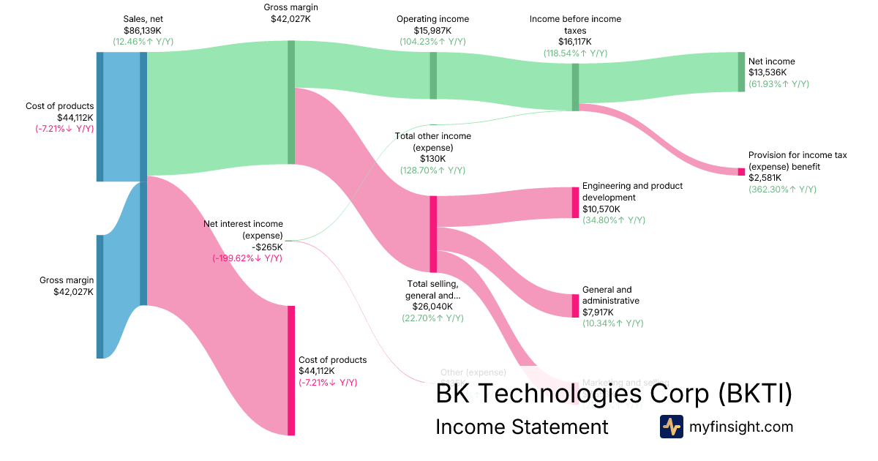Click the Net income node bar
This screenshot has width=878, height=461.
point(741,72)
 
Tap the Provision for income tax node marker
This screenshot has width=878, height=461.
point(741,172)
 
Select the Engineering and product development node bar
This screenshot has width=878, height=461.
point(575,203)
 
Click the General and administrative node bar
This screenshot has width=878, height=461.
point(575,305)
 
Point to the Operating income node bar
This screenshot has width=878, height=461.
point(433,75)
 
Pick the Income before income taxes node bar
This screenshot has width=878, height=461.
point(575,87)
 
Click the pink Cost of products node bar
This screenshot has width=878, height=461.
point(290,370)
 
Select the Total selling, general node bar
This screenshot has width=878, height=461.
point(433,234)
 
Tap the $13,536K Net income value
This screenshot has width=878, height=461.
point(768,72)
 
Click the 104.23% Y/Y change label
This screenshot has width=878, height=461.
point(432,42)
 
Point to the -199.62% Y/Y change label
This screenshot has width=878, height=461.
point(247,258)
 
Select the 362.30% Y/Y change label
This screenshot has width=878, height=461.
point(782,189)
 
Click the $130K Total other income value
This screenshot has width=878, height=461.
point(432,159)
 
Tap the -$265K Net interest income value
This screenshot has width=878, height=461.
point(269,247)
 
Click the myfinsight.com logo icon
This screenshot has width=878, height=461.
point(671,427)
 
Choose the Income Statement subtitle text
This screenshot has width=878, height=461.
point(522,427)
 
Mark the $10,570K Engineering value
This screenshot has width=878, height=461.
point(603,209)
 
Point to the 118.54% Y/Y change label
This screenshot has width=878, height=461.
point(575,53)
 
